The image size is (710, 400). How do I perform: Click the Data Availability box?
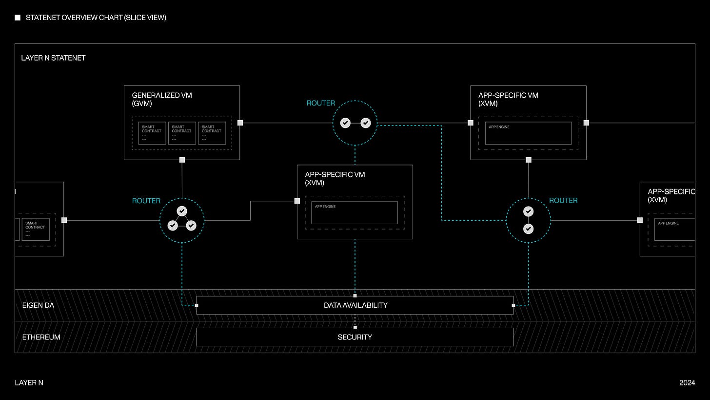click(x=355, y=305)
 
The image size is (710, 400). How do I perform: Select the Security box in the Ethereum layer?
click(x=355, y=337)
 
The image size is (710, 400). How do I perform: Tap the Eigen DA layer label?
click(x=38, y=305)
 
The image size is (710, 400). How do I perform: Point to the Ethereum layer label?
click(x=41, y=337)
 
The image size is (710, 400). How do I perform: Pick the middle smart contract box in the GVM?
click(x=182, y=133)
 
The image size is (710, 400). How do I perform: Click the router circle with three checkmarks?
click(x=182, y=220)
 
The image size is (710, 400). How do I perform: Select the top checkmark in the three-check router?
click(x=182, y=211)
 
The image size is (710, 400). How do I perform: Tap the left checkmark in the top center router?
click(x=345, y=123)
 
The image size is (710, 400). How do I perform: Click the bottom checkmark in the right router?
click(x=528, y=229)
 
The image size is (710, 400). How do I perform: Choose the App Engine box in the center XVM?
click(x=355, y=213)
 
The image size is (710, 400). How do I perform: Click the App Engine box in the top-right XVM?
click(x=528, y=133)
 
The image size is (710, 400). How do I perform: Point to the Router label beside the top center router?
click(x=321, y=103)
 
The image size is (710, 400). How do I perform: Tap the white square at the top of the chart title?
click(x=18, y=18)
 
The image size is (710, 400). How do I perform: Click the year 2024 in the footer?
click(x=687, y=383)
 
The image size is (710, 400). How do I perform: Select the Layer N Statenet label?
click(x=53, y=58)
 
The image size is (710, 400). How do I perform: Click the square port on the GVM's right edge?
click(x=240, y=123)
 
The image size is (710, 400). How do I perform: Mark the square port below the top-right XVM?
click(x=528, y=160)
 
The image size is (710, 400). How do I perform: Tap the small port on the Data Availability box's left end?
click(x=197, y=305)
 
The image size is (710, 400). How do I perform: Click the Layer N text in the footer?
click(x=29, y=383)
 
